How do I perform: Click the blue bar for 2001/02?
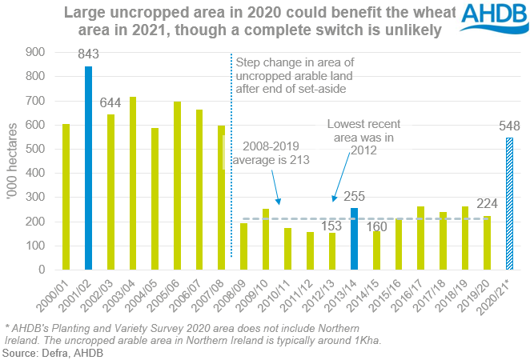point(89,168)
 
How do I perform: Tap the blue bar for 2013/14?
point(354,238)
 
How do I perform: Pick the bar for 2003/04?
point(133,183)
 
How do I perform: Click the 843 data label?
point(89,54)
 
